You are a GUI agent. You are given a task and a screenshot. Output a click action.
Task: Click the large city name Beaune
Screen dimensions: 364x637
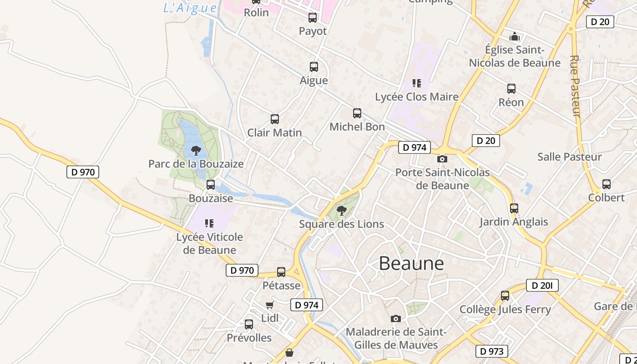411,263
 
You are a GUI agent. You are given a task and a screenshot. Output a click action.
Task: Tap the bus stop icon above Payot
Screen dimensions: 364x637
313,18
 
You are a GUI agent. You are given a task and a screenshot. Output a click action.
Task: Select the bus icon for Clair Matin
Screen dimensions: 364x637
275,119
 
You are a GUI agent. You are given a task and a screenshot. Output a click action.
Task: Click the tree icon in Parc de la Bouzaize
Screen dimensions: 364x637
196,150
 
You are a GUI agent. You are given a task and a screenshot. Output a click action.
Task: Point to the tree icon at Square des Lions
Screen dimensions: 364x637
342,210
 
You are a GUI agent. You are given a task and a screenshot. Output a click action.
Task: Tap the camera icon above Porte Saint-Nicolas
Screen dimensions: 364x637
442,159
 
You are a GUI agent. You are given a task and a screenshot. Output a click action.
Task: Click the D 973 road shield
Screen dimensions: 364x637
492,351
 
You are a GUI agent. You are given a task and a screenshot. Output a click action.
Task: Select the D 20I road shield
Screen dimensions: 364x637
542,285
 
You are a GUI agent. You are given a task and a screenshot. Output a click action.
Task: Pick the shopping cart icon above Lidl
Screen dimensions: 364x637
270,305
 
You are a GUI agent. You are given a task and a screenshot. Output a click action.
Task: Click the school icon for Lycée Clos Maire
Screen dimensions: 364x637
417,83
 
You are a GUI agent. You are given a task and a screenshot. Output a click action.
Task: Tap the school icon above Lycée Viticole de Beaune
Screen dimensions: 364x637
209,223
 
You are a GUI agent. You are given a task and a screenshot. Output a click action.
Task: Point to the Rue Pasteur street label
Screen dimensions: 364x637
575,86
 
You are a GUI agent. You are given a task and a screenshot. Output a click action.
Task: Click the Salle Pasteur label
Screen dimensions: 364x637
569,157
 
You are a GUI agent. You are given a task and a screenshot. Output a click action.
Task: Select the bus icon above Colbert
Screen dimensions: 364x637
607,184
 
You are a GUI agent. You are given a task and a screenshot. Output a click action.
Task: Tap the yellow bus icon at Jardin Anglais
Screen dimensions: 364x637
514,208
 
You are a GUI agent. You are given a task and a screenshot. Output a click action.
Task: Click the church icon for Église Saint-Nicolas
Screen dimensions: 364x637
515,36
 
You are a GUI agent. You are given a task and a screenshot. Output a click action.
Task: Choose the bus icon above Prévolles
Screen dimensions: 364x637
249,324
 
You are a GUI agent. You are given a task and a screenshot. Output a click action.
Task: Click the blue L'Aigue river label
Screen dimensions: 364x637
190,8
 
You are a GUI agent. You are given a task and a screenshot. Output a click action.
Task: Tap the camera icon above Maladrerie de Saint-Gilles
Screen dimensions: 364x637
396,318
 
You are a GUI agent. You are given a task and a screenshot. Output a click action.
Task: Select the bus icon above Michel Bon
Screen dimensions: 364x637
357,113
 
